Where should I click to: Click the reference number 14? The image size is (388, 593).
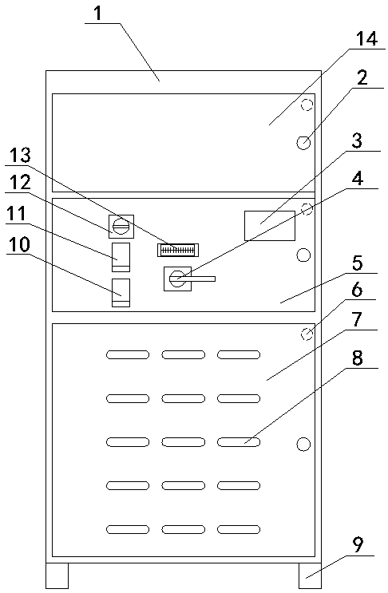[x=366, y=39]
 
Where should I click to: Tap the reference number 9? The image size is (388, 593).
[x=358, y=545]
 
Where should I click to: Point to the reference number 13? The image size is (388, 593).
[x=20, y=156]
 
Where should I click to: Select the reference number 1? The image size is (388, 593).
[x=99, y=14]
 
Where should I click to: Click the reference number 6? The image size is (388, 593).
[x=357, y=290]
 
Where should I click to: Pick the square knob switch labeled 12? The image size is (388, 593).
[x=121, y=227]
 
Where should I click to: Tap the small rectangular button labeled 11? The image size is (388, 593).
[x=121, y=257]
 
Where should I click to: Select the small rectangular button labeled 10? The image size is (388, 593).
[x=121, y=293]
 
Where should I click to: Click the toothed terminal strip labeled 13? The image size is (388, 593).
[x=178, y=250]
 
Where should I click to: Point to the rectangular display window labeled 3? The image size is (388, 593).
[x=270, y=226]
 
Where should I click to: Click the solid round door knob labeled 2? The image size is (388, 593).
[x=303, y=143]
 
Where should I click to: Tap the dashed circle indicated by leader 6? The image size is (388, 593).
[x=307, y=334]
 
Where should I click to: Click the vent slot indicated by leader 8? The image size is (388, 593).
[x=239, y=441]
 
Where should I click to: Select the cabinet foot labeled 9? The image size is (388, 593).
[x=310, y=575]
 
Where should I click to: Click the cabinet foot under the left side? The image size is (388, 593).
[x=57, y=575]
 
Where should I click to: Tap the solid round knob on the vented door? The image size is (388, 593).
[x=303, y=444]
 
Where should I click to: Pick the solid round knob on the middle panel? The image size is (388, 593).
[x=303, y=255]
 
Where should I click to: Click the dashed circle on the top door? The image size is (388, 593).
[x=307, y=105]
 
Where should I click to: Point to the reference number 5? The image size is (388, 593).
[x=358, y=263]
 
